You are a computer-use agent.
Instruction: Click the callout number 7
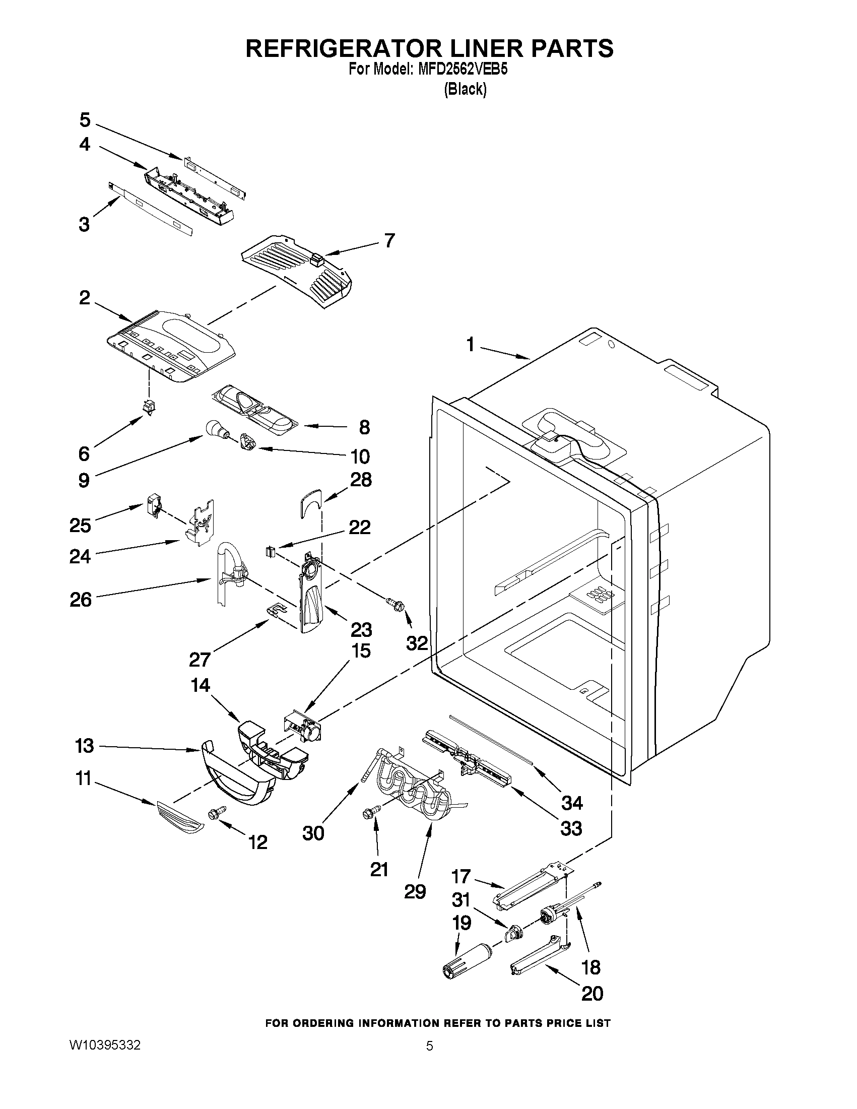[389, 240]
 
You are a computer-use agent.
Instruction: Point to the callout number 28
[360, 480]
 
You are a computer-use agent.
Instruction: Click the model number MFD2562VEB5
[463, 70]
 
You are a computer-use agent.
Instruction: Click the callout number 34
[572, 803]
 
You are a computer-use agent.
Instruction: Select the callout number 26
[80, 599]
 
